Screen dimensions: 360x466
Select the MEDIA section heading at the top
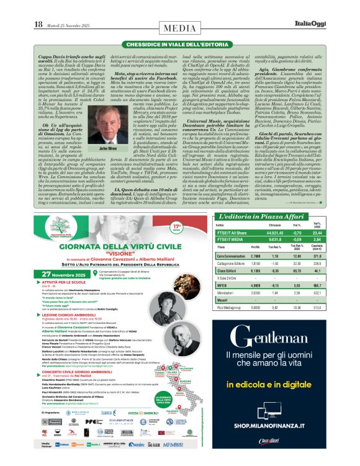coord(179,29)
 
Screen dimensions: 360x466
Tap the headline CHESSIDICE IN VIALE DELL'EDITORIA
coord(180,45)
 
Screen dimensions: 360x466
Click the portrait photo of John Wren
coord(107,127)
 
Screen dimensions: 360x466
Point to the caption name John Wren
coord(107,150)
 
